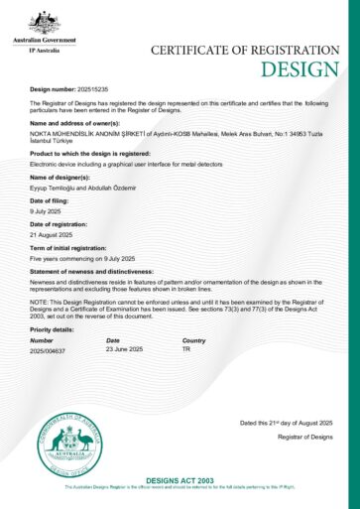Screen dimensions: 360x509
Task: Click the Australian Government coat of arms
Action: click(x=44, y=19)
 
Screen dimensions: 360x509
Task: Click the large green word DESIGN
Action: click(x=300, y=68)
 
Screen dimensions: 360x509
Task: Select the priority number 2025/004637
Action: click(x=48, y=350)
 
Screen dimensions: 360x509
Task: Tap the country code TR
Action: click(x=185, y=350)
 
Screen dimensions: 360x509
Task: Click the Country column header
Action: click(x=193, y=340)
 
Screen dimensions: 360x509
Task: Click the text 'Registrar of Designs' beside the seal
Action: click(x=304, y=437)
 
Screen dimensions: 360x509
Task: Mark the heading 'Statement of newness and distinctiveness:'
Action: click(x=91, y=270)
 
